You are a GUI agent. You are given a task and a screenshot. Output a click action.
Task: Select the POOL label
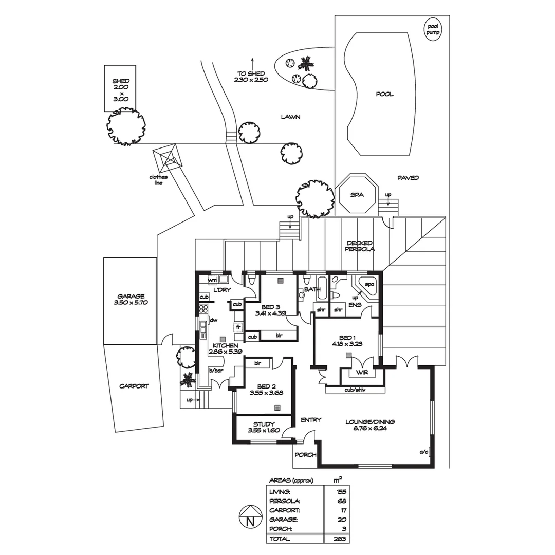point(384,94)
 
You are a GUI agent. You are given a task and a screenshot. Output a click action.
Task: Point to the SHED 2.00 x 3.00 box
point(121,88)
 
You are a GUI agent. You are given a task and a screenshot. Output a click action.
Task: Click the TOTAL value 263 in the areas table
point(339,539)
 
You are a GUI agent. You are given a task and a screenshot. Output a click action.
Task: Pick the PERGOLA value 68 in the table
point(342,501)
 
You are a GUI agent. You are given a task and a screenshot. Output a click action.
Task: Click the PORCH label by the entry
point(304,455)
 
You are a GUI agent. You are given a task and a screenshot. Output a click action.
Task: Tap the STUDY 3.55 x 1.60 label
point(264,427)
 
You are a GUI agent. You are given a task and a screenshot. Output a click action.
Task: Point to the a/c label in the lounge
point(423,452)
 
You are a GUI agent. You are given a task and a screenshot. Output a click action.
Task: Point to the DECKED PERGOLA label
point(360,246)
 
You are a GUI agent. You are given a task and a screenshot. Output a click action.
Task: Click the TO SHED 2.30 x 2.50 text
point(251,77)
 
